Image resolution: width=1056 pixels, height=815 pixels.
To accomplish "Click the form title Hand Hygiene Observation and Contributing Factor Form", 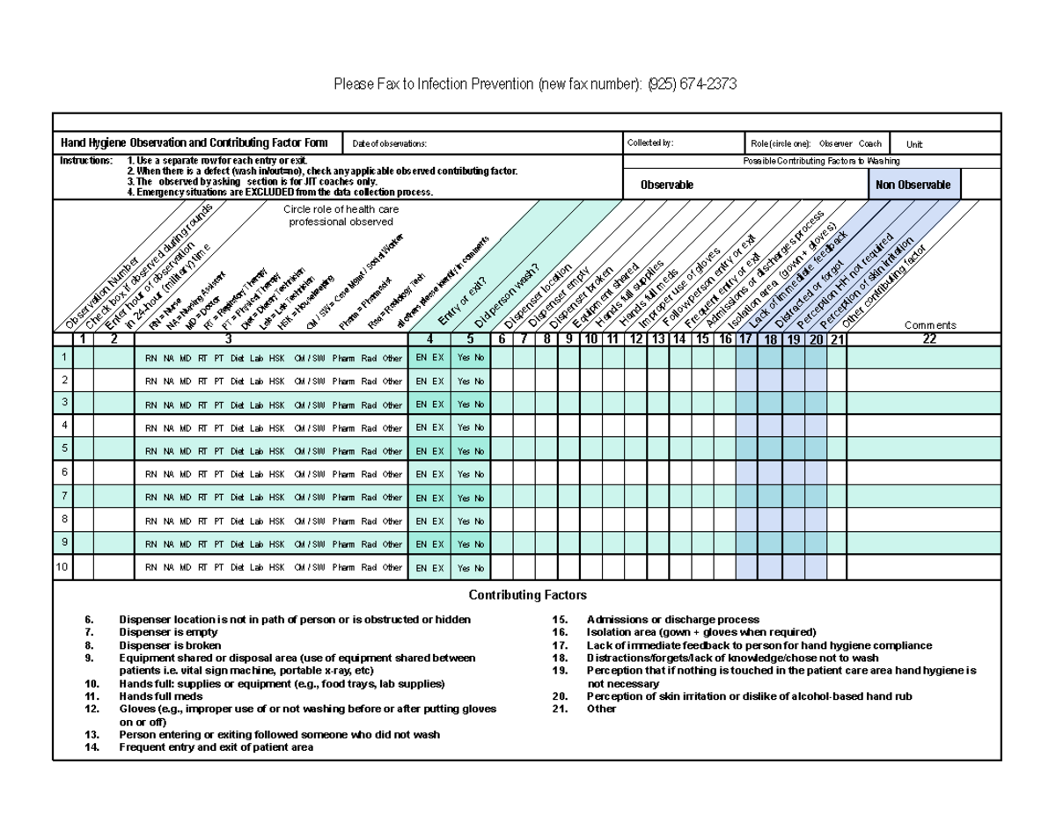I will [194, 143].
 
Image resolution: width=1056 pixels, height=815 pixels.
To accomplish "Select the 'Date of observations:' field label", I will [390, 144].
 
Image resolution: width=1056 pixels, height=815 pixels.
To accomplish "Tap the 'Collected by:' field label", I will [649, 143].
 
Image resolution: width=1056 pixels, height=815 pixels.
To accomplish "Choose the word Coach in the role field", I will [869, 144].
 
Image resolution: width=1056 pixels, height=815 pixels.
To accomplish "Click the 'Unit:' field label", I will [914, 144].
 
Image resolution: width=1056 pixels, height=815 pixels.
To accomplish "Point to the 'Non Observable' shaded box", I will [915, 185].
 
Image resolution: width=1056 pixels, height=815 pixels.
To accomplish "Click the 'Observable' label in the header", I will [666, 185].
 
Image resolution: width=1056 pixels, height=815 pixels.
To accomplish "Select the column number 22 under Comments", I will [923, 339].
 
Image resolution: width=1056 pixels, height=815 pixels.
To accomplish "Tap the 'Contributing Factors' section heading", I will [527, 595].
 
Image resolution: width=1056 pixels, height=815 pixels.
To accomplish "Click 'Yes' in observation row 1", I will [464, 358].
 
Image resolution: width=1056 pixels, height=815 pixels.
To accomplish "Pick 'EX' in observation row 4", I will [438, 427].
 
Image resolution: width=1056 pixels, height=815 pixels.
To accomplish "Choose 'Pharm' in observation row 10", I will [343, 568].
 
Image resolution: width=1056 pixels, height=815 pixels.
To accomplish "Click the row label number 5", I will [63, 448].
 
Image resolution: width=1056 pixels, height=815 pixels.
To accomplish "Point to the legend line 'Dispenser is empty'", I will [168, 632].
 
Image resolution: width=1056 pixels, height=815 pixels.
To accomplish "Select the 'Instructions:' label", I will [86, 162].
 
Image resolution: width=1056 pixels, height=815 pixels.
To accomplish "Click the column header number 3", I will [229, 339].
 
